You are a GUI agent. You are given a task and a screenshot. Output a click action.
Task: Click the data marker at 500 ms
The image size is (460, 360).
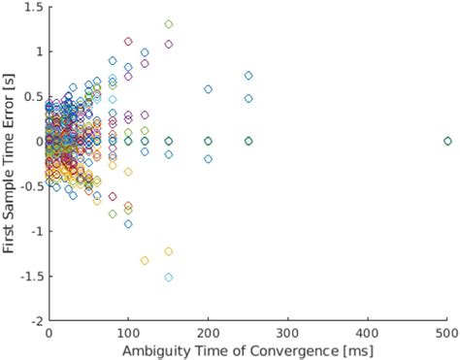click(447, 141)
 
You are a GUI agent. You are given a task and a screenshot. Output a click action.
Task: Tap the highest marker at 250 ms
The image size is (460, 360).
click(248, 75)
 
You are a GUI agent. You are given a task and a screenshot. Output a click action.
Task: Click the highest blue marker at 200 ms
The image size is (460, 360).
click(208, 89)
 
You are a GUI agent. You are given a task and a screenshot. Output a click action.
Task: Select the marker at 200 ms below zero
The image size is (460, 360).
click(208, 159)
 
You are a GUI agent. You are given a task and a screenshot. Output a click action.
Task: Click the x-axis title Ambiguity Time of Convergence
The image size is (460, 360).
click(248, 349)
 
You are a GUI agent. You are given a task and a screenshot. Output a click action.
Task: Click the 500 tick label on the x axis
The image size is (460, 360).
click(447, 331)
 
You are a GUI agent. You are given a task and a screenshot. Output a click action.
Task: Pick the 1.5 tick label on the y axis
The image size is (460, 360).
click(33, 7)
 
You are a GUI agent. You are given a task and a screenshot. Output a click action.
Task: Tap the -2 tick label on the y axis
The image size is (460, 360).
click(37, 320)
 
